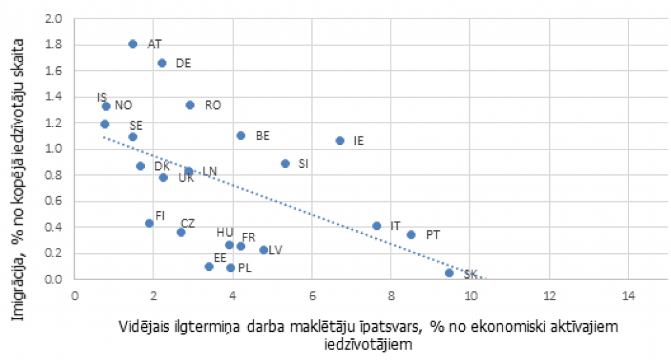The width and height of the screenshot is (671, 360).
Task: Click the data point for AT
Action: click(x=133, y=44)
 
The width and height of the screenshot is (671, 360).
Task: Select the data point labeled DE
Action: click(x=162, y=63)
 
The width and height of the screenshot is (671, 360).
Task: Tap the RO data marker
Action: click(x=190, y=105)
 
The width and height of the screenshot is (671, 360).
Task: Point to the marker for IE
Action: click(x=340, y=140)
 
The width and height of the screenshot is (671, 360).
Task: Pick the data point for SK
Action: click(x=449, y=273)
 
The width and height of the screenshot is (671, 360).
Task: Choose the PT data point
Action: click(x=411, y=235)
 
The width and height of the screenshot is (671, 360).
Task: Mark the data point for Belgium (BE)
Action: click(x=240, y=136)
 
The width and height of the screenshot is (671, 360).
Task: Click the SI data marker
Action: click(x=285, y=163)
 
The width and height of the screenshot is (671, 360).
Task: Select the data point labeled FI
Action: click(x=149, y=224)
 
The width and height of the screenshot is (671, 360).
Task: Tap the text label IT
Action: click(x=395, y=226)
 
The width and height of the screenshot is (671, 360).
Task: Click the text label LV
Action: click(x=275, y=250)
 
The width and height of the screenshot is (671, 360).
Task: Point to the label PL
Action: click(x=244, y=268)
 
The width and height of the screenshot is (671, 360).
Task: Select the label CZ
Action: click(x=187, y=223)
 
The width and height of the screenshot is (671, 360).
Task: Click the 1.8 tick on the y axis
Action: click(x=54, y=45)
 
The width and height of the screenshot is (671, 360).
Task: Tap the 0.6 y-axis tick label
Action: click(x=54, y=201)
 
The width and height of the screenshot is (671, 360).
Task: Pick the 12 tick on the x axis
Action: click(x=549, y=293)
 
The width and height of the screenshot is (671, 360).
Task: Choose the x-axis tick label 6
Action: click(x=312, y=293)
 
